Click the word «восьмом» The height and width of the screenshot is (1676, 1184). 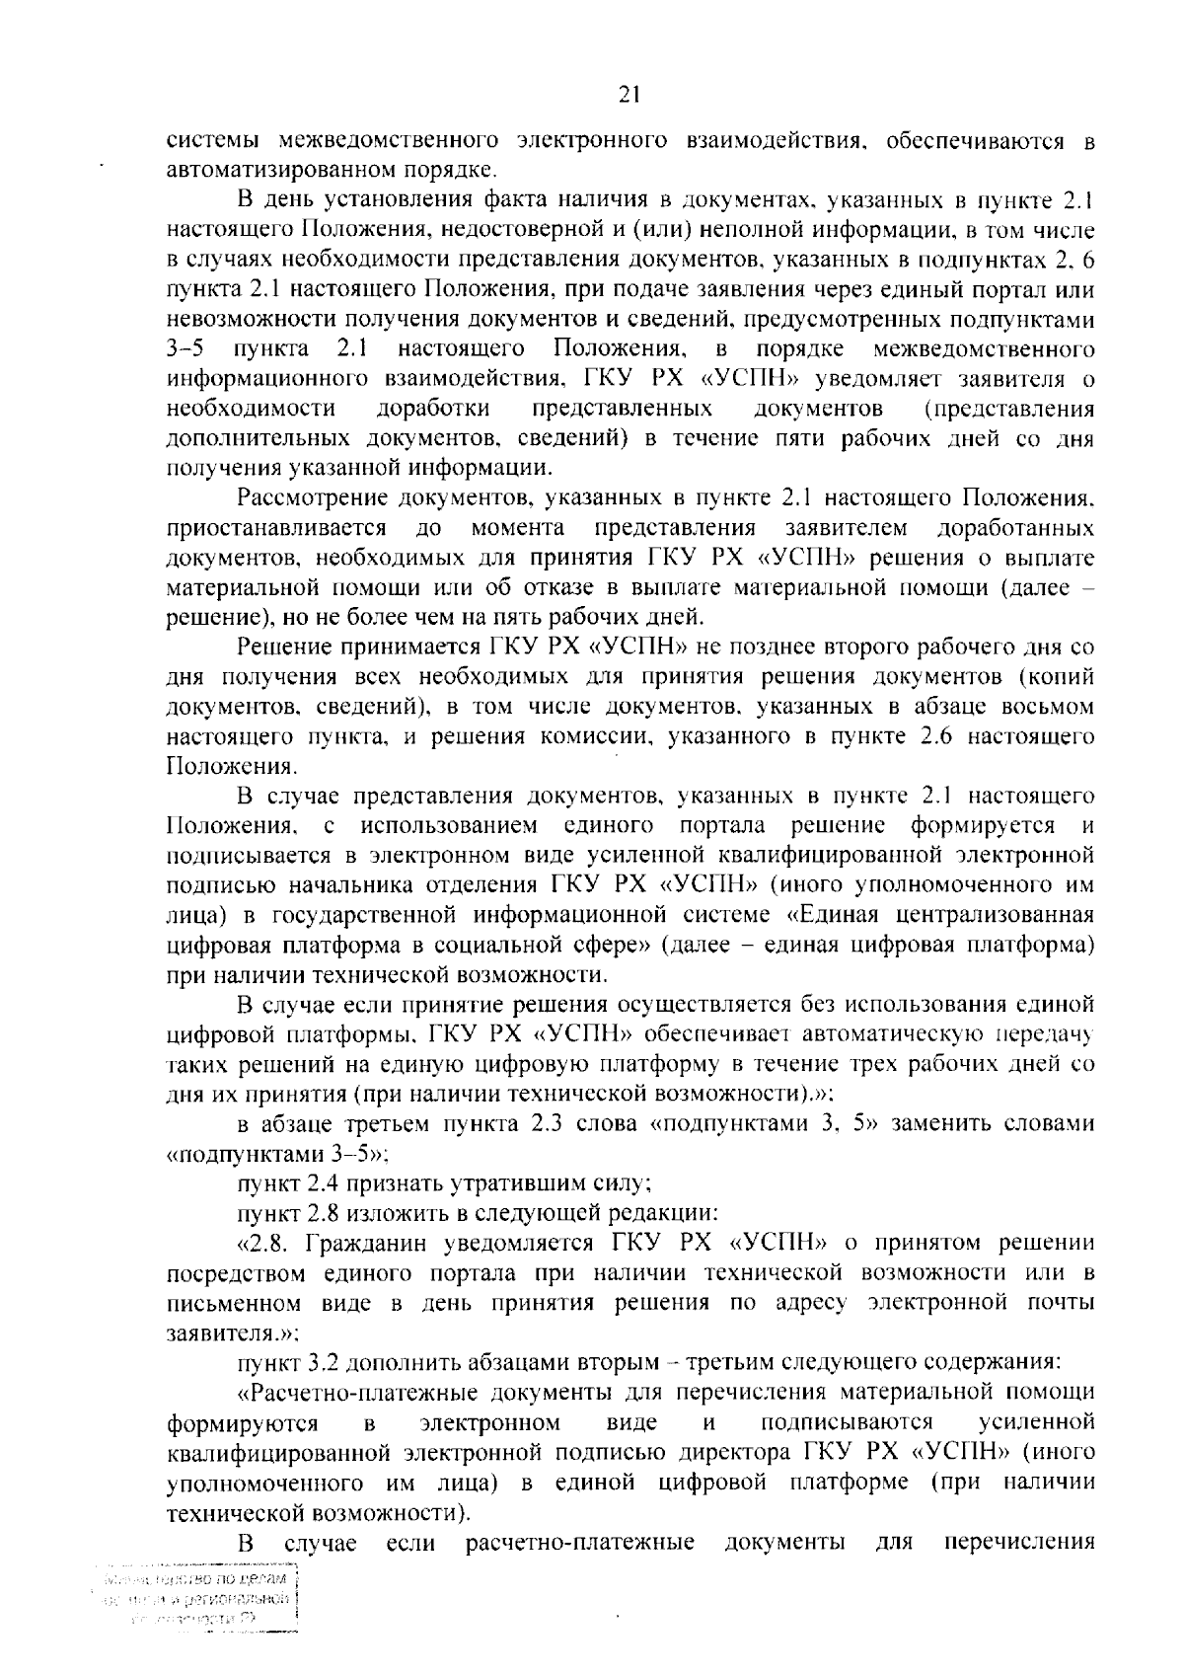click(x=1045, y=707)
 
